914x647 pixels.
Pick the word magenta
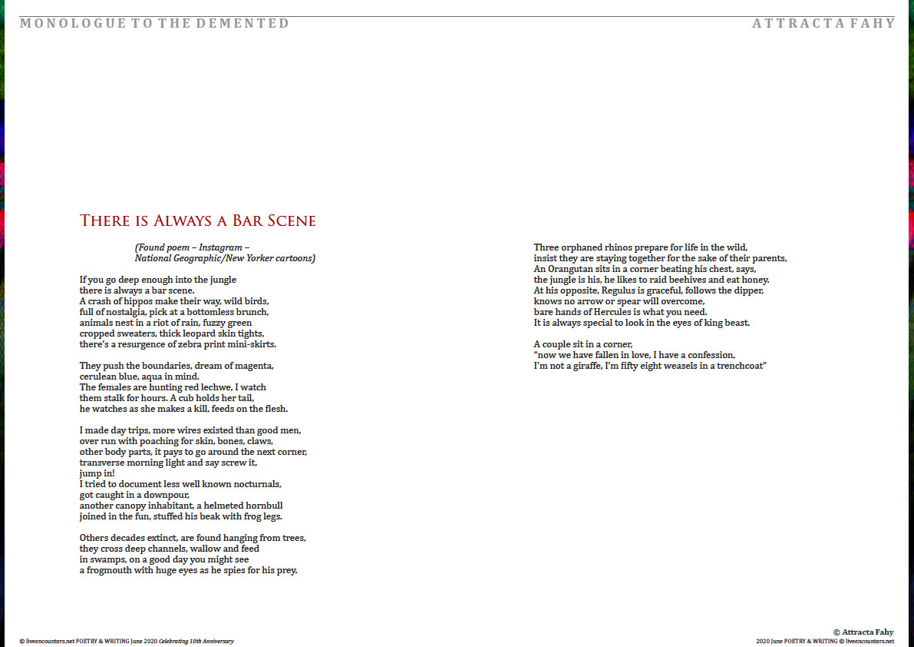pyautogui.click(x=251, y=366)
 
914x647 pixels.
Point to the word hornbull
pyautogui.click(x=263, y=506)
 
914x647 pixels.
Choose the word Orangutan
pyautogui.click(x=572, y=269)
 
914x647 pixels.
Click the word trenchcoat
pyautogui.click(x=738, y=366)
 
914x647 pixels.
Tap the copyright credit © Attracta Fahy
pyautogui.click(x=863, y=632)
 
